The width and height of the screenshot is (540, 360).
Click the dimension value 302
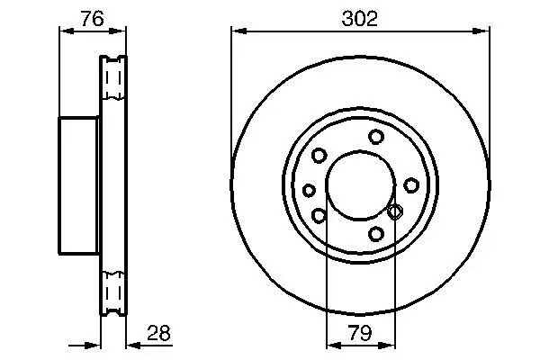pos(360,17)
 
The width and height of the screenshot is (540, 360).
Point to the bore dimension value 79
pos(360,334)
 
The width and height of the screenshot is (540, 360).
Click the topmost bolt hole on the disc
pos(375,138)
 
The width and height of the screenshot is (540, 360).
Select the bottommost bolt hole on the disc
pos(376,235)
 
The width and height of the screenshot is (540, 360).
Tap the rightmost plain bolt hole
pos(411,185)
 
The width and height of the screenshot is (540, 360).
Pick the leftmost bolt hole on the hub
pos(310,190)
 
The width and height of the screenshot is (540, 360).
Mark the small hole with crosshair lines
pos(393,211)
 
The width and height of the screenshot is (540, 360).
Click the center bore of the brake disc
pos(360,185)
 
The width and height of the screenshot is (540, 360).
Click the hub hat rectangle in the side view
pos(79,185)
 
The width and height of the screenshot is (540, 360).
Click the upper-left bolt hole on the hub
pos(319,156)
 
